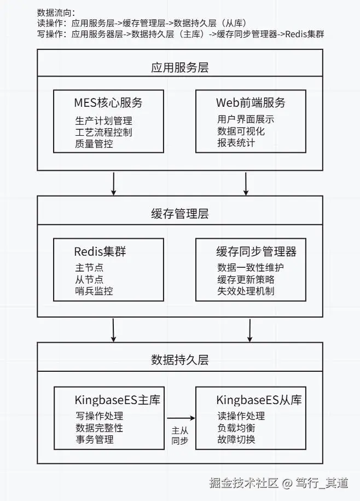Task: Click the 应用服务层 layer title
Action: [x=179, y=67]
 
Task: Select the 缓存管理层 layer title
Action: [x=179, y=214]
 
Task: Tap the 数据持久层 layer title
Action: [x=179, y=360]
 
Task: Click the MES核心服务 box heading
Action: [x=108, y=102]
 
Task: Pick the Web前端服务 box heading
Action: [x=251, y=102]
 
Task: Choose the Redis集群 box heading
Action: [x=101, y=251]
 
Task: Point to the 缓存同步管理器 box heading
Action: [x=256, y=251]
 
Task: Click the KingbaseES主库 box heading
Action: [x=117, y=399]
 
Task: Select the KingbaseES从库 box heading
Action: [x=259, y=399]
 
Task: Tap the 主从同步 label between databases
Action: [x=180, y=435]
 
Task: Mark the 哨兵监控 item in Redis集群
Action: [x=94, y=291]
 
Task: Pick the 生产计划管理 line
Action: [x=103, y=120]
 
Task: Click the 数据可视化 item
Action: [x=241, y=131]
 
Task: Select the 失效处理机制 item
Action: [x=246, y=291]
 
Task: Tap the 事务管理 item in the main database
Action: [x=94, y=439]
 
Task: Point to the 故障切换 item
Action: [x=236, y=439]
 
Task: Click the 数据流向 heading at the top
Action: [x=56, y=12]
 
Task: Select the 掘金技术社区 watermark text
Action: [x=244, y=483]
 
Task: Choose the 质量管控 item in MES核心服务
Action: [x=94, y=143]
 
